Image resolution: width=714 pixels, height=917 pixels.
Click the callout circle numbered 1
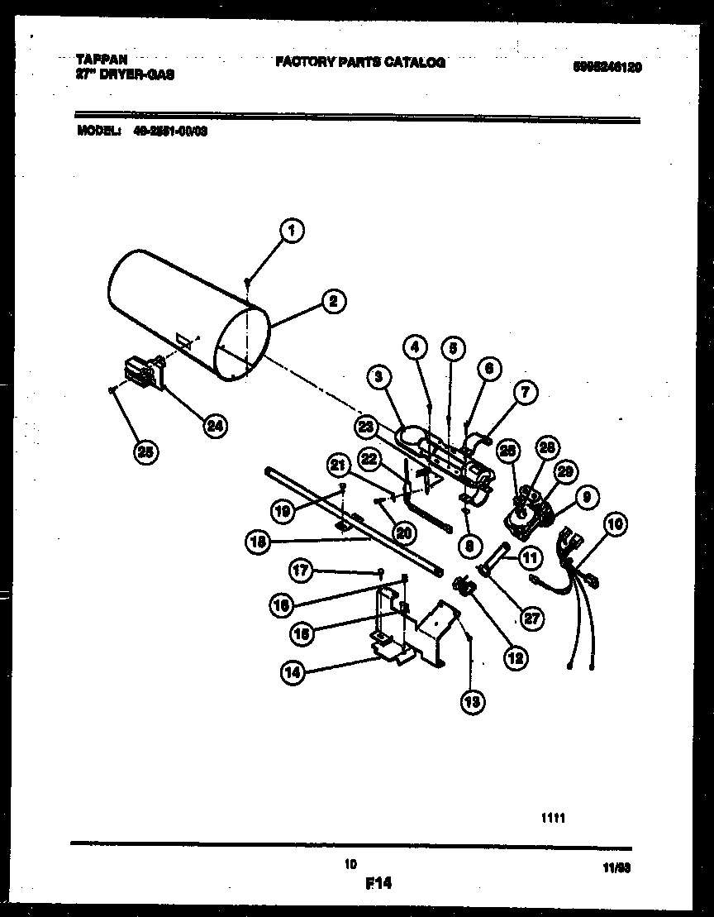click(x=290, y=232)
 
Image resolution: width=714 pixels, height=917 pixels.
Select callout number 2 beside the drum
click(x=332, y=302)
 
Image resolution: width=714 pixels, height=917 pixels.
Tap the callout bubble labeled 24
click(x=214, y=426)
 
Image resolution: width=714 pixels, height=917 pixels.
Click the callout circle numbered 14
click(x=293, y=672)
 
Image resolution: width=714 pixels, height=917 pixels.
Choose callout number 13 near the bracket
click(x=473, y=702)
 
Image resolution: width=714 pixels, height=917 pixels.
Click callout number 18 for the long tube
click(x=259, y=542)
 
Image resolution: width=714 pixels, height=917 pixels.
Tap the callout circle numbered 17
click(x=301, y=569)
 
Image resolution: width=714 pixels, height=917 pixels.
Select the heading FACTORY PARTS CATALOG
click(x=359, y=62)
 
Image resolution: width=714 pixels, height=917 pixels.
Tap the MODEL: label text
click(x=99, y=130)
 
